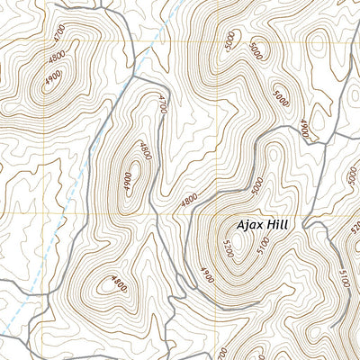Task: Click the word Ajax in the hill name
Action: click(253, 226)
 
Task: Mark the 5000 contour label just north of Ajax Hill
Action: click(259, 186)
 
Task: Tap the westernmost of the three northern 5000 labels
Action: click(232, 41)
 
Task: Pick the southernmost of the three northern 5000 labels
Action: click(283, 97)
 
